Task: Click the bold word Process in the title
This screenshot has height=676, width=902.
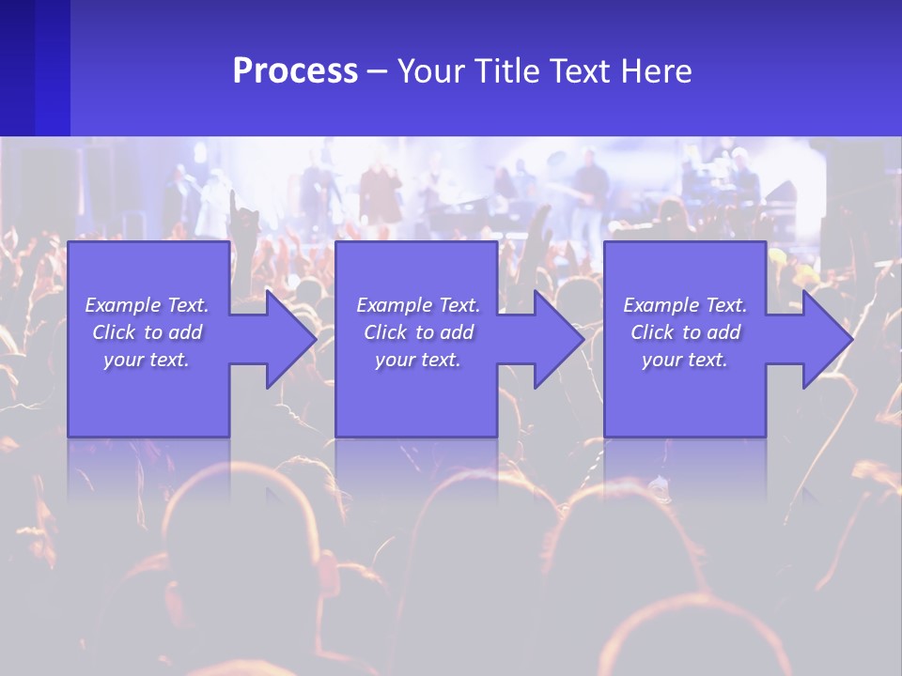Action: click(295, 71)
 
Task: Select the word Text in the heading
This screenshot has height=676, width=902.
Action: click(580, 71)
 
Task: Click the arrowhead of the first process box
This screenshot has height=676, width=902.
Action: click(290, 339)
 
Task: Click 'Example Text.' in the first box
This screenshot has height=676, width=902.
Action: click(147, 305)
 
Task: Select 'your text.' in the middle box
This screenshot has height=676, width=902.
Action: click(417, 360)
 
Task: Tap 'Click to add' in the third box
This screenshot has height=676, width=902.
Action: click(685, 332)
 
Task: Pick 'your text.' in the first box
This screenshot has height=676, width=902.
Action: click(147, 360)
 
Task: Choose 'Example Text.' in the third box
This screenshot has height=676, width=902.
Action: click(685, 305)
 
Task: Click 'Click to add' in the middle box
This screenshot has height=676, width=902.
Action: click(417, 332)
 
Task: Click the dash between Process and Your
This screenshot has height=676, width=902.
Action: click(377, 72)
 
